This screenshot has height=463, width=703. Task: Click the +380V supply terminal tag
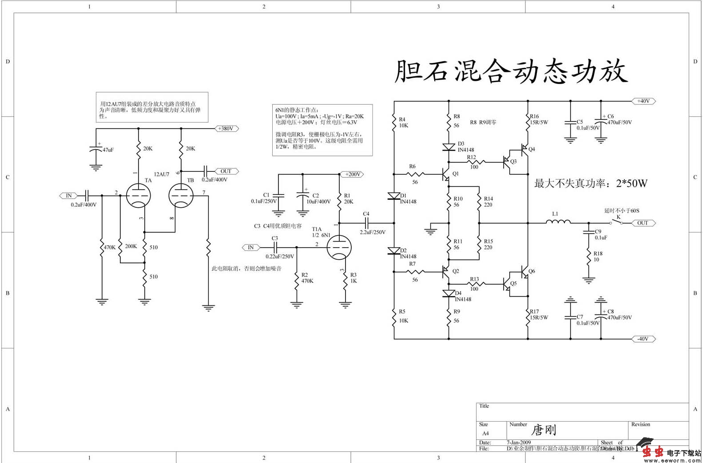click(225, 129)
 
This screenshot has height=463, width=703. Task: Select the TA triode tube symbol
click(138, 195)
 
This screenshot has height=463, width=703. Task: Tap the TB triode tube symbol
click(181, 195)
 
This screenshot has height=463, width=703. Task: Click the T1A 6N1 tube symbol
click(339, 247)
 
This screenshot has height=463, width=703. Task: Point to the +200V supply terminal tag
click(353, 174)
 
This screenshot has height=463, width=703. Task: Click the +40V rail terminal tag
click(643, 101)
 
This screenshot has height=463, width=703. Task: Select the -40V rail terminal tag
click(643, 339)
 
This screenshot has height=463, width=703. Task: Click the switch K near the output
click(616, 222)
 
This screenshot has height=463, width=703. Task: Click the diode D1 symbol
click(394, 196)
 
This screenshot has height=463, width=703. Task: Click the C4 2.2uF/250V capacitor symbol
click(366, 222)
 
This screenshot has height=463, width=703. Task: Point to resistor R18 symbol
click(588, 257)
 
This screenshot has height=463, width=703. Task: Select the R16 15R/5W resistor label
click(539, 119)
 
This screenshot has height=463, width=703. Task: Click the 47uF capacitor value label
click(108, 150)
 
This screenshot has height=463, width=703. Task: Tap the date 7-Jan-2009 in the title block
click(519, 443)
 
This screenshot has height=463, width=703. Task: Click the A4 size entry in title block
click(485, 433)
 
